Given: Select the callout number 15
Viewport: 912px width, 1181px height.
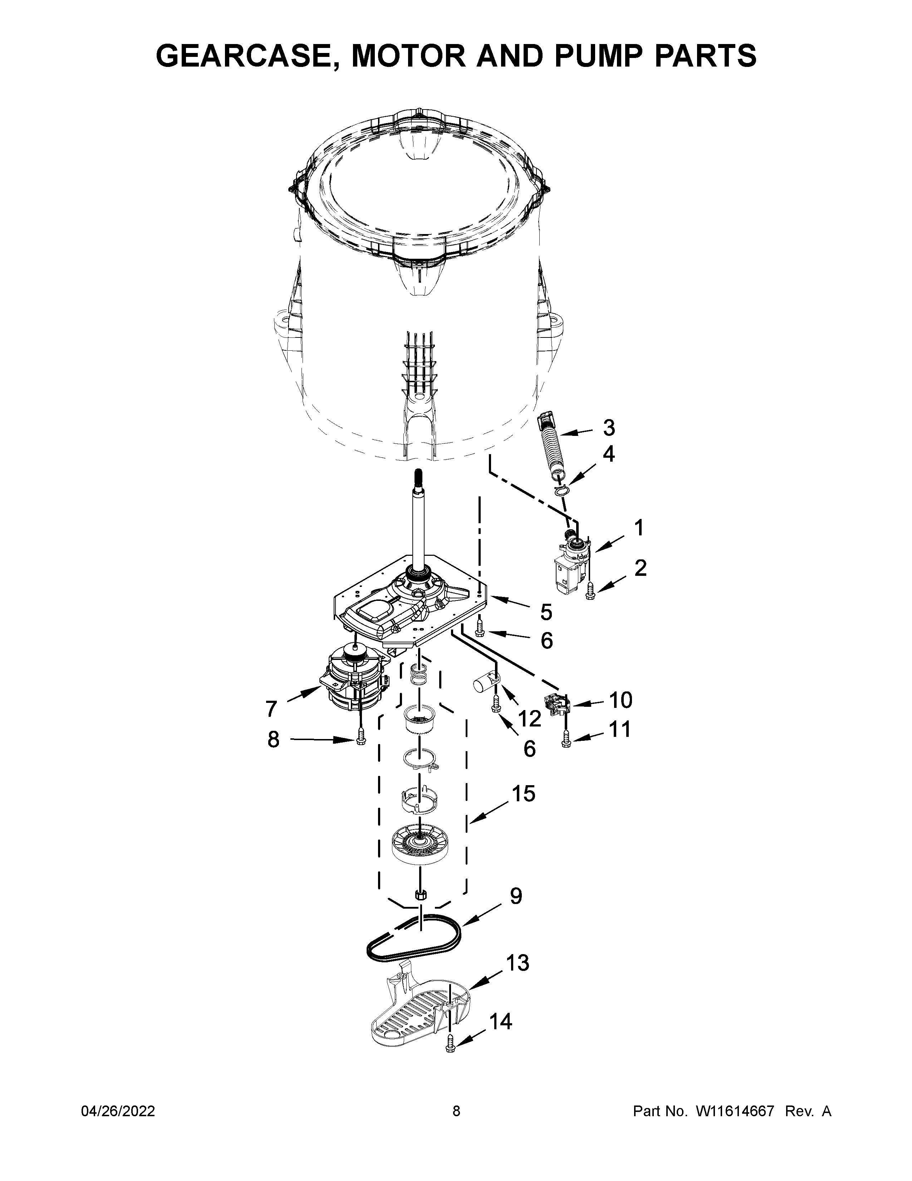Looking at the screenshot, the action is click(523, 794).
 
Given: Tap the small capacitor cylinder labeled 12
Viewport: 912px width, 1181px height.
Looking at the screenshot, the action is click(485, 684).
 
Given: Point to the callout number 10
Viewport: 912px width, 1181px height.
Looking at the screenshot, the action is click(621, 700).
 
